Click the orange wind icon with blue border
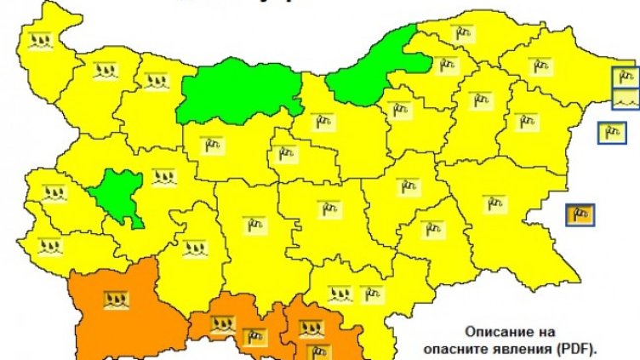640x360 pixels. pos(581,214)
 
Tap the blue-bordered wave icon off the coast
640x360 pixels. pos(626,100)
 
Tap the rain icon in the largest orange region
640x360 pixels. pos(115,299)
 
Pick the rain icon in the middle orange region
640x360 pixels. pos(222,323)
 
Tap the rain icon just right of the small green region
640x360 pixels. pos(163,176)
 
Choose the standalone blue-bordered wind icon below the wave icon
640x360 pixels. pos(609,132)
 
